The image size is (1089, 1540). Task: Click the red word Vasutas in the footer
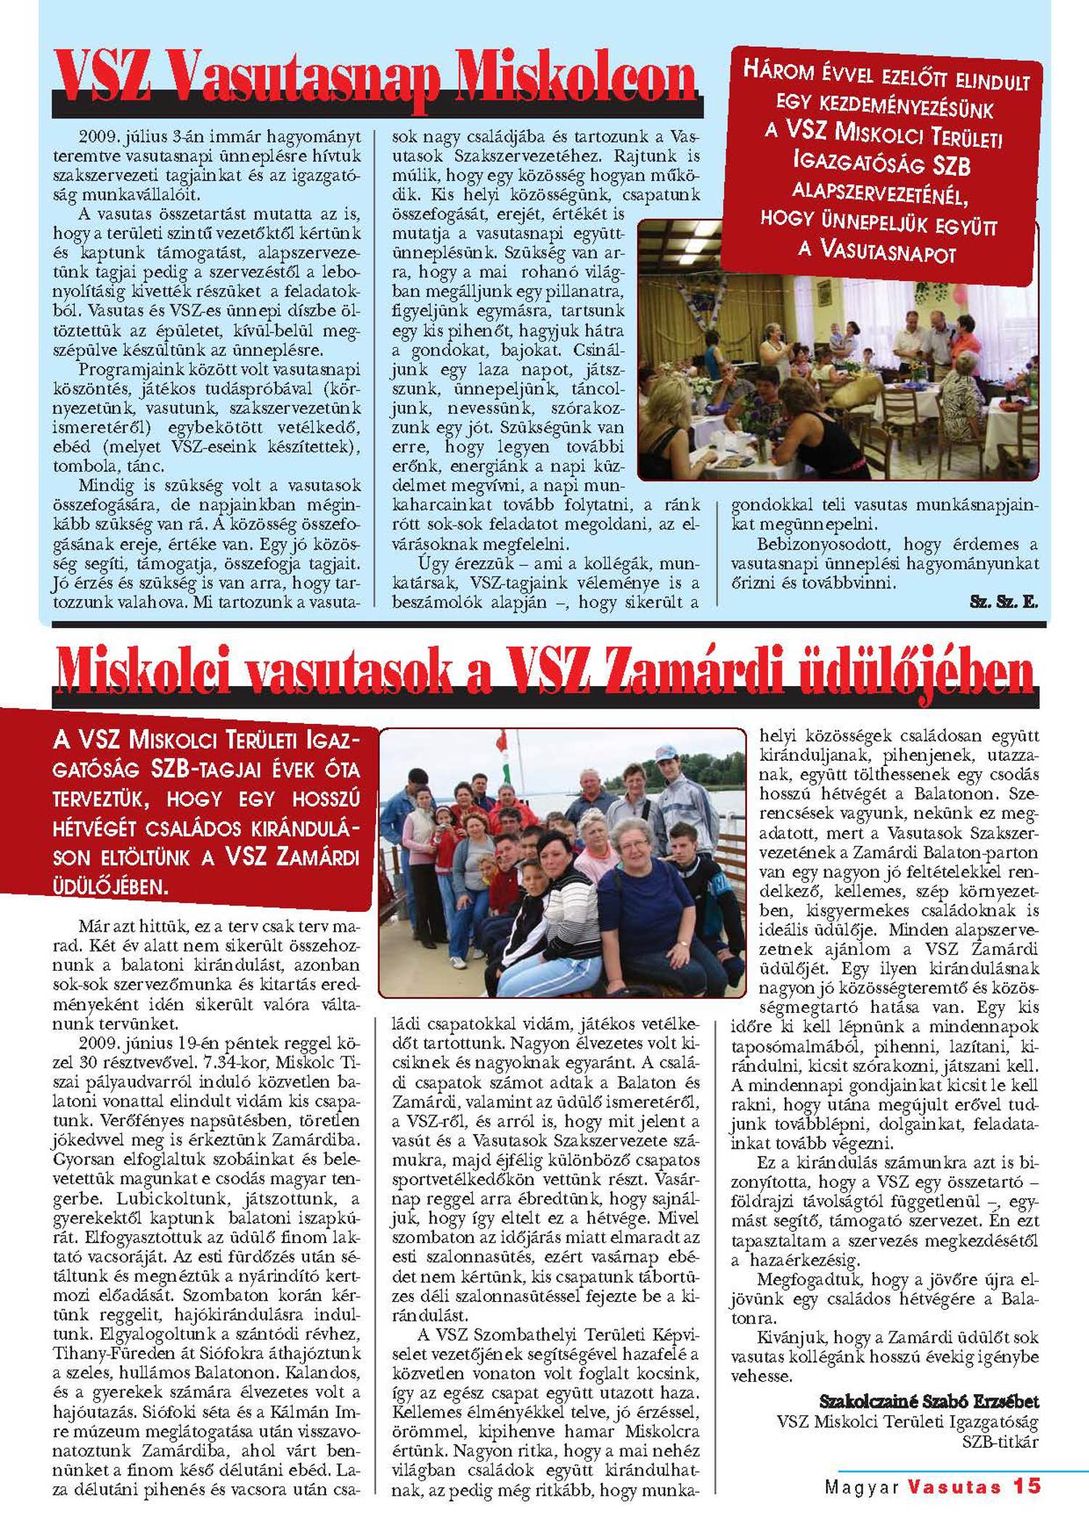[954, 1486]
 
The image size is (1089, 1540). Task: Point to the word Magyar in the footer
[862, 1486]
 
